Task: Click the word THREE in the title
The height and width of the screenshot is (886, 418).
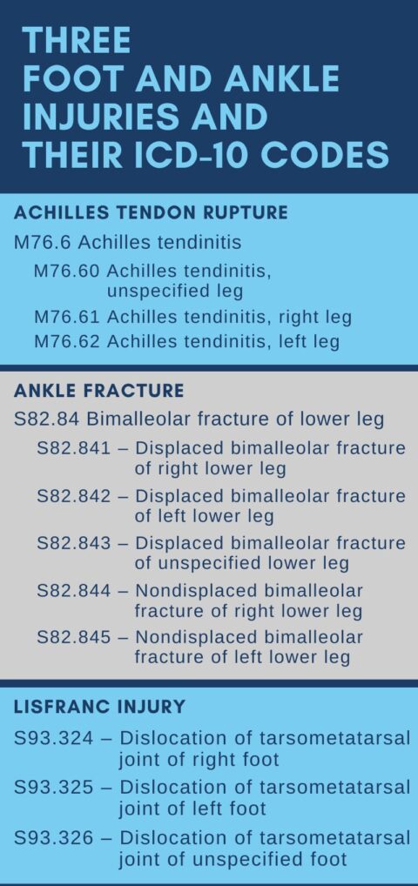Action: point(77,40)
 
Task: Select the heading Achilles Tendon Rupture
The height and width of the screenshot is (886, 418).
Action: point(151,212)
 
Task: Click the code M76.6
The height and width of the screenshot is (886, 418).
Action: point(43,243)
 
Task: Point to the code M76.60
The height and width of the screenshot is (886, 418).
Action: point(67,272)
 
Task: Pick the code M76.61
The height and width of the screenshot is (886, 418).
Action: point(67,317)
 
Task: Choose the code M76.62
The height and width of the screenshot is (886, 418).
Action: point(67,341)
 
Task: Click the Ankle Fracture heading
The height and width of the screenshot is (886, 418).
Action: point(99,391)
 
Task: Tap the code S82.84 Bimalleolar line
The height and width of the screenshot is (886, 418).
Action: point(199,420)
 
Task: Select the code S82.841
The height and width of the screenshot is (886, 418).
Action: point(74,448)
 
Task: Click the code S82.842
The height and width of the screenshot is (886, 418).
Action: point(74,495)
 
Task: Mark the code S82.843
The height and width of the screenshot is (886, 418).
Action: point(74,543)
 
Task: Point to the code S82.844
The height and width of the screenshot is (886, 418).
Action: point(74,590)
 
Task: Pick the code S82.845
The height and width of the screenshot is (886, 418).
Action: point(74,637)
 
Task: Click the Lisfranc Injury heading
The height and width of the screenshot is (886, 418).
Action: point(99,707)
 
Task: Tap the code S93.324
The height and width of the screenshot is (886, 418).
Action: point(54,738)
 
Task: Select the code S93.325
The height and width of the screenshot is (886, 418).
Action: point(54,787)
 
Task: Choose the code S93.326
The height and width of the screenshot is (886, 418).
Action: point(54,837)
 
